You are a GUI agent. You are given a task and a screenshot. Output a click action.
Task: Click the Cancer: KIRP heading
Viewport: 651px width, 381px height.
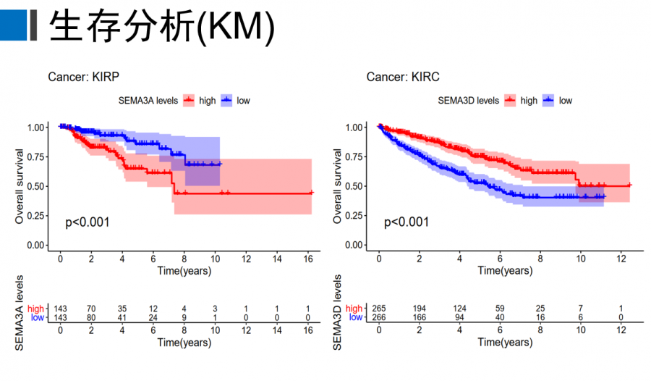[x=83, y=77]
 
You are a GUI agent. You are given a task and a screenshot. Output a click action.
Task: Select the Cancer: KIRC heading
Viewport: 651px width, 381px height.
[x=402, y=77]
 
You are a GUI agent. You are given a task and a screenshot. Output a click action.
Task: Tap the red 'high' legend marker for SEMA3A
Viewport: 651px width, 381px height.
[x=190, y=101]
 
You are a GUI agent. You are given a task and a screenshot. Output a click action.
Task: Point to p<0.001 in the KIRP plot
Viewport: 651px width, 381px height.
[x=88, y=222]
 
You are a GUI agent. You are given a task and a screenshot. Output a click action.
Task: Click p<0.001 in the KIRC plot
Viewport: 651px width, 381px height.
[x=406, y=222]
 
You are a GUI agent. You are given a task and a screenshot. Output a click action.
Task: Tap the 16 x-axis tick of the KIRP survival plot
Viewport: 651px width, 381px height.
[x=310, y=260]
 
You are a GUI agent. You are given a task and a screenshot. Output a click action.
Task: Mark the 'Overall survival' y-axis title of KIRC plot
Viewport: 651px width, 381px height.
[x=338, y=185]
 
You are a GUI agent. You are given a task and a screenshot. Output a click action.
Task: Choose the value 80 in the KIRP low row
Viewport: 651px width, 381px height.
[x=91, y=317]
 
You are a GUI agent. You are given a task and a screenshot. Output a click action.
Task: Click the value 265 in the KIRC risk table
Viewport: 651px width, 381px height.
[x=378, y=309]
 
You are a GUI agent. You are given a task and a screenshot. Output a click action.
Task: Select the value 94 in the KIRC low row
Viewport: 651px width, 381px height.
[x=459, y=317]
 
